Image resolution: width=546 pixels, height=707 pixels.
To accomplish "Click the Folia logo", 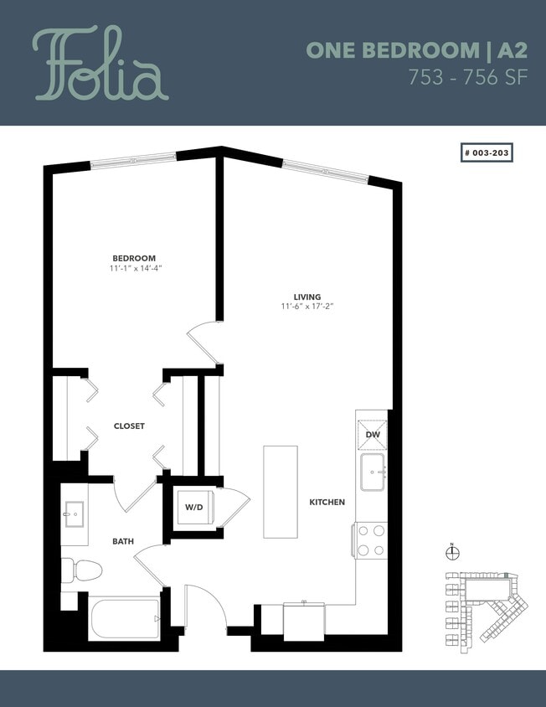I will coord(100,65).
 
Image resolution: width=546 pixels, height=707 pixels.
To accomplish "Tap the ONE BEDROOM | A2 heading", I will coord(416,49).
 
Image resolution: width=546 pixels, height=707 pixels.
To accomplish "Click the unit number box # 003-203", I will coord(487,153).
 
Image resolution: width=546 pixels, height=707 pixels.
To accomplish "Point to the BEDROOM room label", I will coord(134,258).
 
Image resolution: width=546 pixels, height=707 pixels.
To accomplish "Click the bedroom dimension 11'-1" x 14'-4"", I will coord(134,268).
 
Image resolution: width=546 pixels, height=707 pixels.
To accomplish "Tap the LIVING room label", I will coord(307,297).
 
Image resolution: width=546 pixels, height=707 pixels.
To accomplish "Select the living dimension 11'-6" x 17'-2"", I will coord(307,307).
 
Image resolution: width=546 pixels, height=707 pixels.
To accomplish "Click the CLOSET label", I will coord(129,426).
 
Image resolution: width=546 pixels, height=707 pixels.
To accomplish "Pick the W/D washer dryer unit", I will coord(194,508).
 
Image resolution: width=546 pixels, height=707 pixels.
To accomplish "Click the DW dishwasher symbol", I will coord(373,435).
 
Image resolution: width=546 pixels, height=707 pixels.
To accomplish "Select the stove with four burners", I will coord(370,539).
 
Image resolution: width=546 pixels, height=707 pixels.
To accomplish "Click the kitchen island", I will coord(281,492).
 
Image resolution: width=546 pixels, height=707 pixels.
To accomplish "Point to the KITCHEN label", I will coord(327,502).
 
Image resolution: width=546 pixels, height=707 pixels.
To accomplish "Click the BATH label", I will coord(123,541).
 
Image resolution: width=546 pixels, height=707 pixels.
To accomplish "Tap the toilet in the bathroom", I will coord(82,571).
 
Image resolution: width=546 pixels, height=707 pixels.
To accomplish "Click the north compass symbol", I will coord(451,552).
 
